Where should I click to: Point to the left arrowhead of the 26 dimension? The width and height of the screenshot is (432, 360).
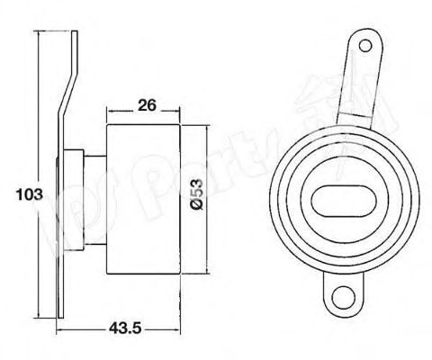click(x=110, y=114)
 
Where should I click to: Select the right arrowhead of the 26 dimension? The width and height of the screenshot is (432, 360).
click(x=175, y=114)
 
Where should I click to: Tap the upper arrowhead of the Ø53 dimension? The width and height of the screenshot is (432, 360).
click(x=209, y=129)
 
